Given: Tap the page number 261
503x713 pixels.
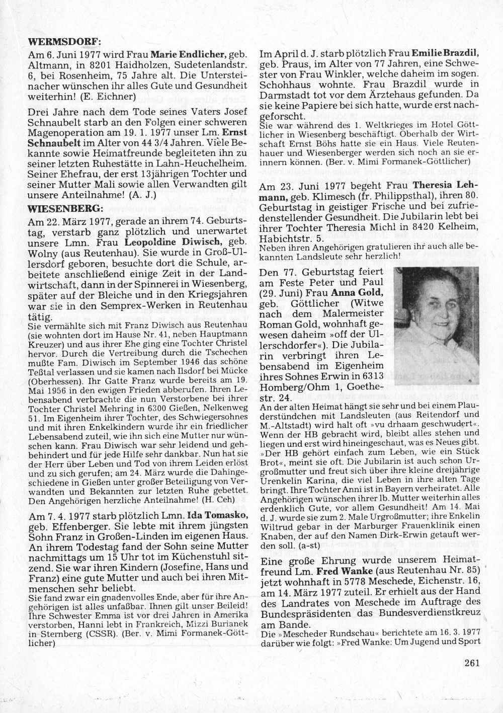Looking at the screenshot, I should [473, 662].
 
